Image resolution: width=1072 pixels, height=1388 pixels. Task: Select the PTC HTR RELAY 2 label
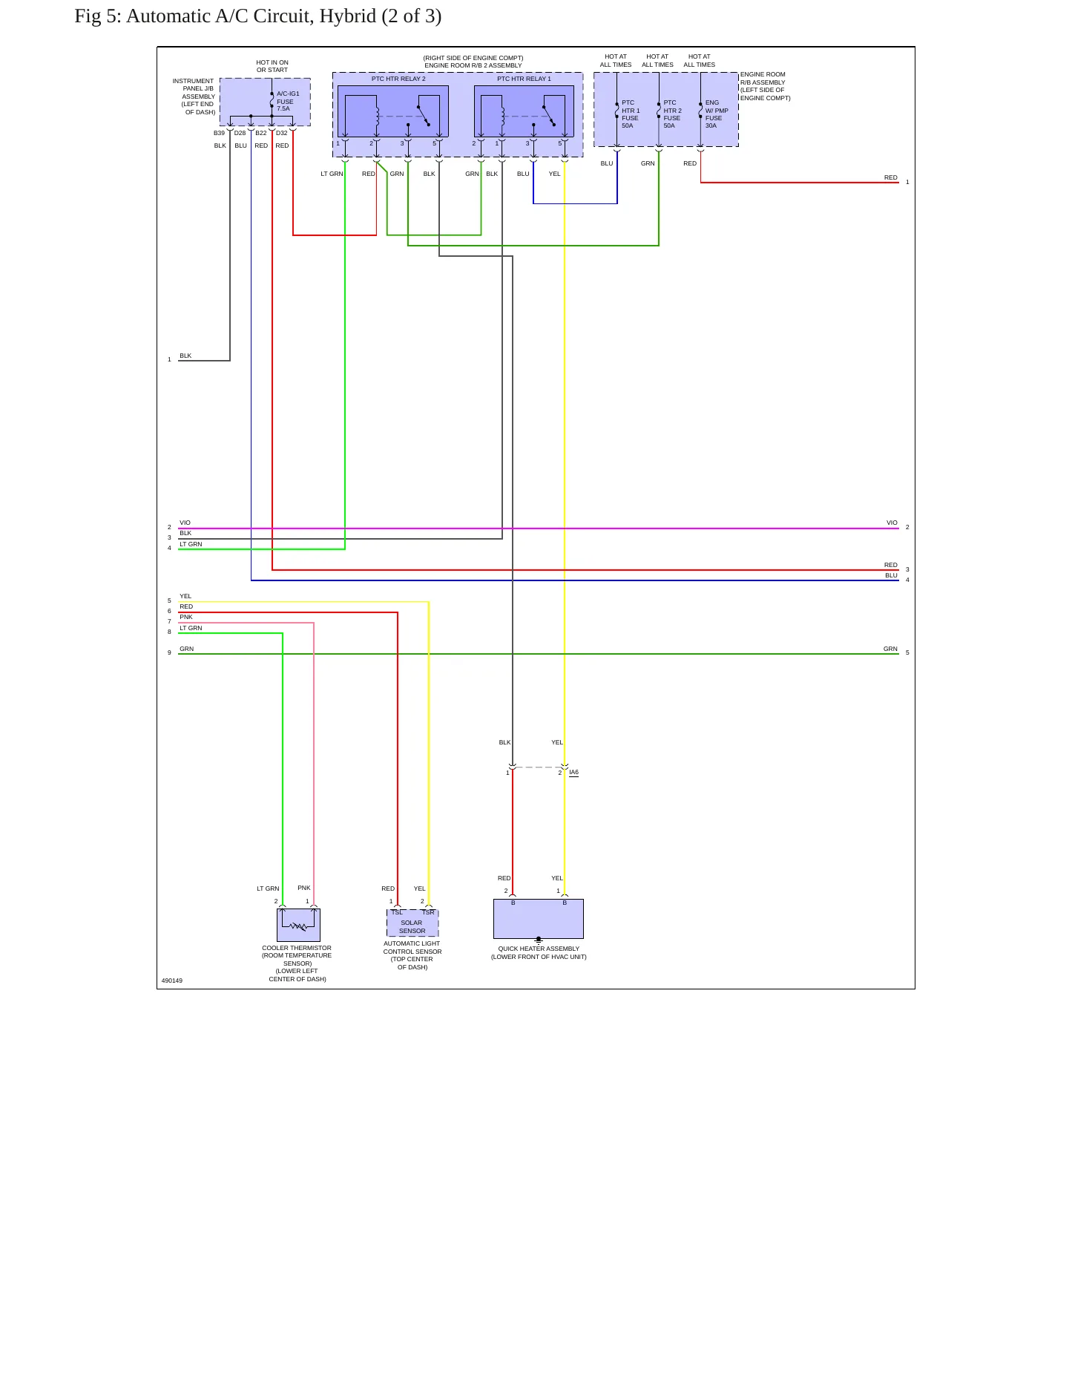click(x=398, y=79)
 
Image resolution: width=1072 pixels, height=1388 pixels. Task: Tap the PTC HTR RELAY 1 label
click(x=524, y=79)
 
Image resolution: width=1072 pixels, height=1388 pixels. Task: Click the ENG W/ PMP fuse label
click(x=717, y=114)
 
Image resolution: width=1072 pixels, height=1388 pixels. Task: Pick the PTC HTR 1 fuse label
click(x=631, y=114)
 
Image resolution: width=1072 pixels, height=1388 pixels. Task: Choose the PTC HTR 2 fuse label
click(x=672, y=114)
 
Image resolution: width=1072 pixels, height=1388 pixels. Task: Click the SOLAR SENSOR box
click(x=412, y=923)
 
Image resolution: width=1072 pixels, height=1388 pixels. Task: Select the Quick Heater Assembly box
click(x=539, y=919)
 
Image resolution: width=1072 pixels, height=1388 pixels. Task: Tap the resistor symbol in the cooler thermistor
click(x=298, y=926)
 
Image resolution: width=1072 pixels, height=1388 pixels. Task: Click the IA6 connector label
click(x=573, y=773)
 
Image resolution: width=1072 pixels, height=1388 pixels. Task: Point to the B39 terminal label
click(x=219, y=134)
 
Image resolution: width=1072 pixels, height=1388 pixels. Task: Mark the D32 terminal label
click(x=282, y=134)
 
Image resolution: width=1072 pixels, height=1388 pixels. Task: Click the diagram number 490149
click(x=172, y=981)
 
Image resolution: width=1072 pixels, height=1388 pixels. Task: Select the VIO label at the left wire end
click(x=185, y=523)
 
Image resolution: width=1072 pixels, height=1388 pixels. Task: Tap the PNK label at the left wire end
click(x=186, y=617)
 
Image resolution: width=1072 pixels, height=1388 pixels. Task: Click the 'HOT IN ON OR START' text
click(x=272, y=66)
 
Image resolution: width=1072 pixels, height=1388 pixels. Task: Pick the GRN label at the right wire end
click(x=890, y=649)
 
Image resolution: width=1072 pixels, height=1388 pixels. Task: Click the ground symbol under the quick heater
click(x=539, y=940)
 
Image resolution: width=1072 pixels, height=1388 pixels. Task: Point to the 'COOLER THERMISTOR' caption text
click(x=297, y=948)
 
